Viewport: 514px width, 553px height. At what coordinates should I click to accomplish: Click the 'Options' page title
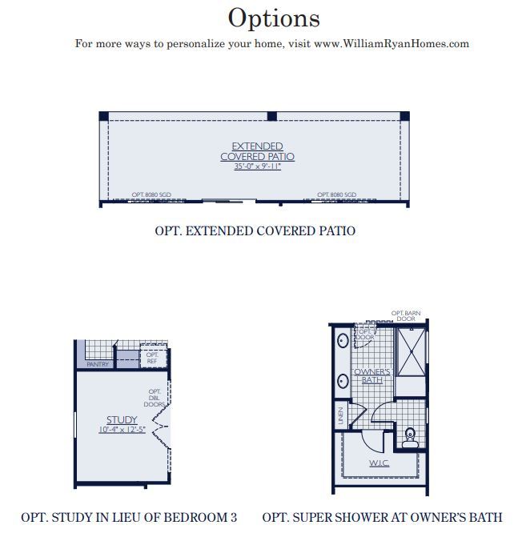pos(274,18)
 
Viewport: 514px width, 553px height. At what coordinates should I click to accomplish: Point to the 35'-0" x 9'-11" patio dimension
pos(257,167)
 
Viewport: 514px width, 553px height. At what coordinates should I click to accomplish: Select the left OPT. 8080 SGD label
pos(151,195)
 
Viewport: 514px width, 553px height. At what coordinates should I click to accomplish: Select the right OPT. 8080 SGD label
pos(336,195)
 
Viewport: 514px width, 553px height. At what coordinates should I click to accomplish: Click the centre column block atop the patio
pos(271,117)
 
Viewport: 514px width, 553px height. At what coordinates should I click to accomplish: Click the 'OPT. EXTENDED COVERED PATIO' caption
pos(255,230)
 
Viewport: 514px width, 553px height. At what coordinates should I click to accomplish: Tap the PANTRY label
pos(98,365)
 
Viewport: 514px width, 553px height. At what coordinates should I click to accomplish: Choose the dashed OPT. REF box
pos(152,357)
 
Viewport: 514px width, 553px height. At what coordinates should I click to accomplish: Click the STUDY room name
pos(122,420)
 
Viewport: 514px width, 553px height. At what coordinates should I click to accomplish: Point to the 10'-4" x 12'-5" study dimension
pos(122,430)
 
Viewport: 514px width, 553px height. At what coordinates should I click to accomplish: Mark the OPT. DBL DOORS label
pos(155,398)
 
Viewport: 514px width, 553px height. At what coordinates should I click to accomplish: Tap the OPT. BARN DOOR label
pos(404,316)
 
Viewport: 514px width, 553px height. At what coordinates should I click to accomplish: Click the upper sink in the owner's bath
pos(342,339)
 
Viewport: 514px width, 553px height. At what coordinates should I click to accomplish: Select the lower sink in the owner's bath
pos(342,380)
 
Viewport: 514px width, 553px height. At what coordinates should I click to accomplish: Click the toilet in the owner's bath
pos(410,435)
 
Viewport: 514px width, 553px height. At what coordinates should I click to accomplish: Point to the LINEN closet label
pos(340,415)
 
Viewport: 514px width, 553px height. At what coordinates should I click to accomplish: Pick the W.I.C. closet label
pos(379,463)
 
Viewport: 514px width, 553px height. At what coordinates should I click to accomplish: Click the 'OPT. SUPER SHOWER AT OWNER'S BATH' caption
pos(382,518)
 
